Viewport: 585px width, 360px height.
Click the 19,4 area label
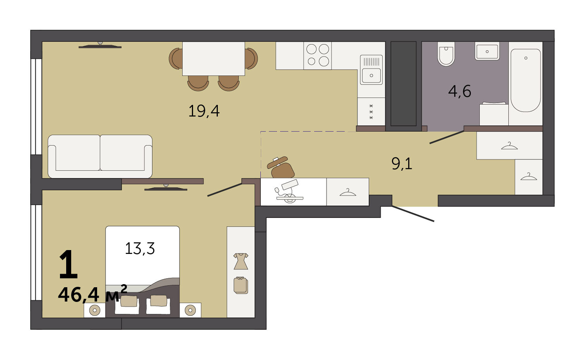point(204,111)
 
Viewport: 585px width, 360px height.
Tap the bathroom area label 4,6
point(460,91)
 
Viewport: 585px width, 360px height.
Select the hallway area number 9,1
point(402,164)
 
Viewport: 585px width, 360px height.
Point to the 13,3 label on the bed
point(140,248)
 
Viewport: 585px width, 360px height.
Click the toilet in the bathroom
point(446,53)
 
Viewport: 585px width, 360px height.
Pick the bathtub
point(525,80)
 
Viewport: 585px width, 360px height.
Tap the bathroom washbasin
point(487,51)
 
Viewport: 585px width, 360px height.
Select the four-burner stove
point(318,55)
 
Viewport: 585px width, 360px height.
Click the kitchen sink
point(371,70)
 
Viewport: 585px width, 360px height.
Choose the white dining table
point(214,58)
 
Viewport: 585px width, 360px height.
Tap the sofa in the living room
point(100,156)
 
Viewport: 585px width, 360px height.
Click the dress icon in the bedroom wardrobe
point(241,261)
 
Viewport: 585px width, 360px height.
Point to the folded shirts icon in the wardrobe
point(241,285)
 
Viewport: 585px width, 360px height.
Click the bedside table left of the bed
point(94,310)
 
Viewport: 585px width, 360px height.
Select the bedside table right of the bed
point(190,310)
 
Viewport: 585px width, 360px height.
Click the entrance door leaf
point(413,214)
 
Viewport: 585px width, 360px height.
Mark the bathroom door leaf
point(447,137)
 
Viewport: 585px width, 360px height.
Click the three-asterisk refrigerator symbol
point(371,112)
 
